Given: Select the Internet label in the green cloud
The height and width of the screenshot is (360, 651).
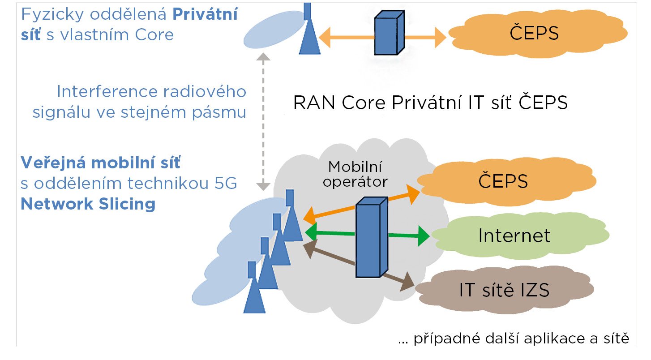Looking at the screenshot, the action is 514,235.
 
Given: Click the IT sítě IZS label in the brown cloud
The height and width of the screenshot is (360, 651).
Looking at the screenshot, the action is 504,290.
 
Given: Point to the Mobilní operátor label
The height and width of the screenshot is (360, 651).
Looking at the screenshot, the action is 355,174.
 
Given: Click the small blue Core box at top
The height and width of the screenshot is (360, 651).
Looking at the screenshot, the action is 389,33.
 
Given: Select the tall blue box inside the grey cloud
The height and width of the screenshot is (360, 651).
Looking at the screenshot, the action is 372,237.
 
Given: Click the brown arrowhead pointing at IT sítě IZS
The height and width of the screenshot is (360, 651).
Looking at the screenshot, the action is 407,282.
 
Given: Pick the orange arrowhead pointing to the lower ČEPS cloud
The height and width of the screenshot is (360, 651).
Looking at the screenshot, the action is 413,194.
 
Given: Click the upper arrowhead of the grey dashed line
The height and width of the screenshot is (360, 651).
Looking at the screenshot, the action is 263,57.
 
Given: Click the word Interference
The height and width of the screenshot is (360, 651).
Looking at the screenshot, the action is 107,91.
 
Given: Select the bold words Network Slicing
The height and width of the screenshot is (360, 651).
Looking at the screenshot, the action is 88,204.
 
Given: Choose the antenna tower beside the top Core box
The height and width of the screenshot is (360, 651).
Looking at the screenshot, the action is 309,29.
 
